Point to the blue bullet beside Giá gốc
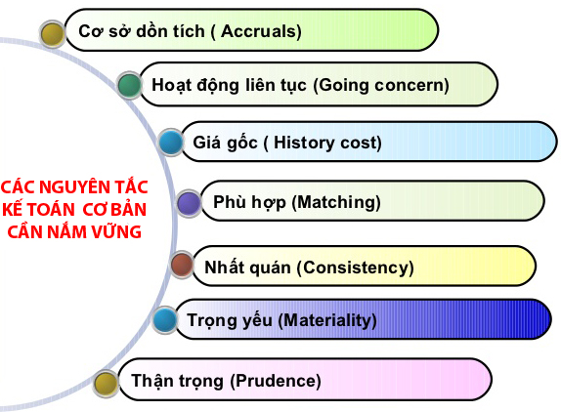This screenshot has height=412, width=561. click(170, 144)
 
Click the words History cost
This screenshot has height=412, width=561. click(327, 143)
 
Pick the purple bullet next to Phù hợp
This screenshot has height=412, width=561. click(189, 203)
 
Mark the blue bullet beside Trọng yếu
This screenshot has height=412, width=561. click(165, 318)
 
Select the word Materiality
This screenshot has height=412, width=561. click(327, 319)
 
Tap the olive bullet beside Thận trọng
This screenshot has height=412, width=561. click(105, 382)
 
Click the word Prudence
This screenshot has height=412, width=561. click(277, 381)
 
